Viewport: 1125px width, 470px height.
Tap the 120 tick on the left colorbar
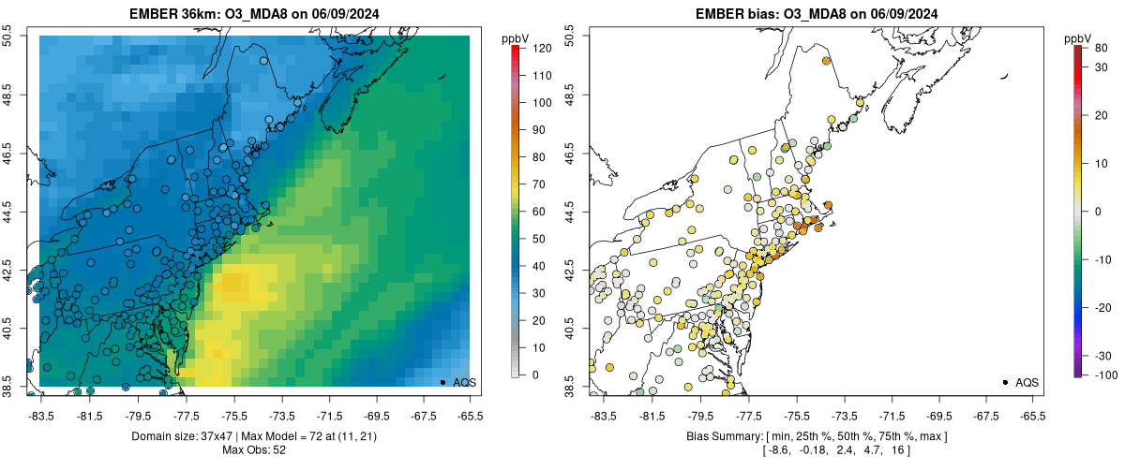click(x=528, y=47)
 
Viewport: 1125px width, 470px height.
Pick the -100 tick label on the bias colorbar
click(x=1090, y=375)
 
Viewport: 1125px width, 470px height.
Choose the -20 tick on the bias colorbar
click(x=1090, y=307)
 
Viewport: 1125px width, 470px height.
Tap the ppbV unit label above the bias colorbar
click(x=1079, y=37)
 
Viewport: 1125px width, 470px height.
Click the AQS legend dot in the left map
click(x=442, y=382)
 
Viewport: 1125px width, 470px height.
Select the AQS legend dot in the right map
click(x=1005, y=382)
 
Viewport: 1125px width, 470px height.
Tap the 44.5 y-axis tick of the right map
click(x=570, y=212)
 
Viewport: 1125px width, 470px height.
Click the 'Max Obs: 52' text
click(x=254, y=450)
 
